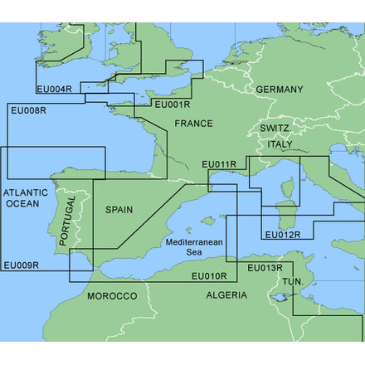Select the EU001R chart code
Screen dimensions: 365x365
(x=173, y=105)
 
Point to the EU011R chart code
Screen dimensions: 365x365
(x=221, y=164)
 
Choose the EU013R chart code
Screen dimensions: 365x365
(x=265, y=267)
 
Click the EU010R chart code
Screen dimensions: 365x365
(x=209, y=275)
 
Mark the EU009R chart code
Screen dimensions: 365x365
(x=21, y=265)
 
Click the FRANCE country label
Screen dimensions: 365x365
(x=193, y=124)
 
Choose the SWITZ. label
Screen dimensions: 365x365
(x=274, y=129)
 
